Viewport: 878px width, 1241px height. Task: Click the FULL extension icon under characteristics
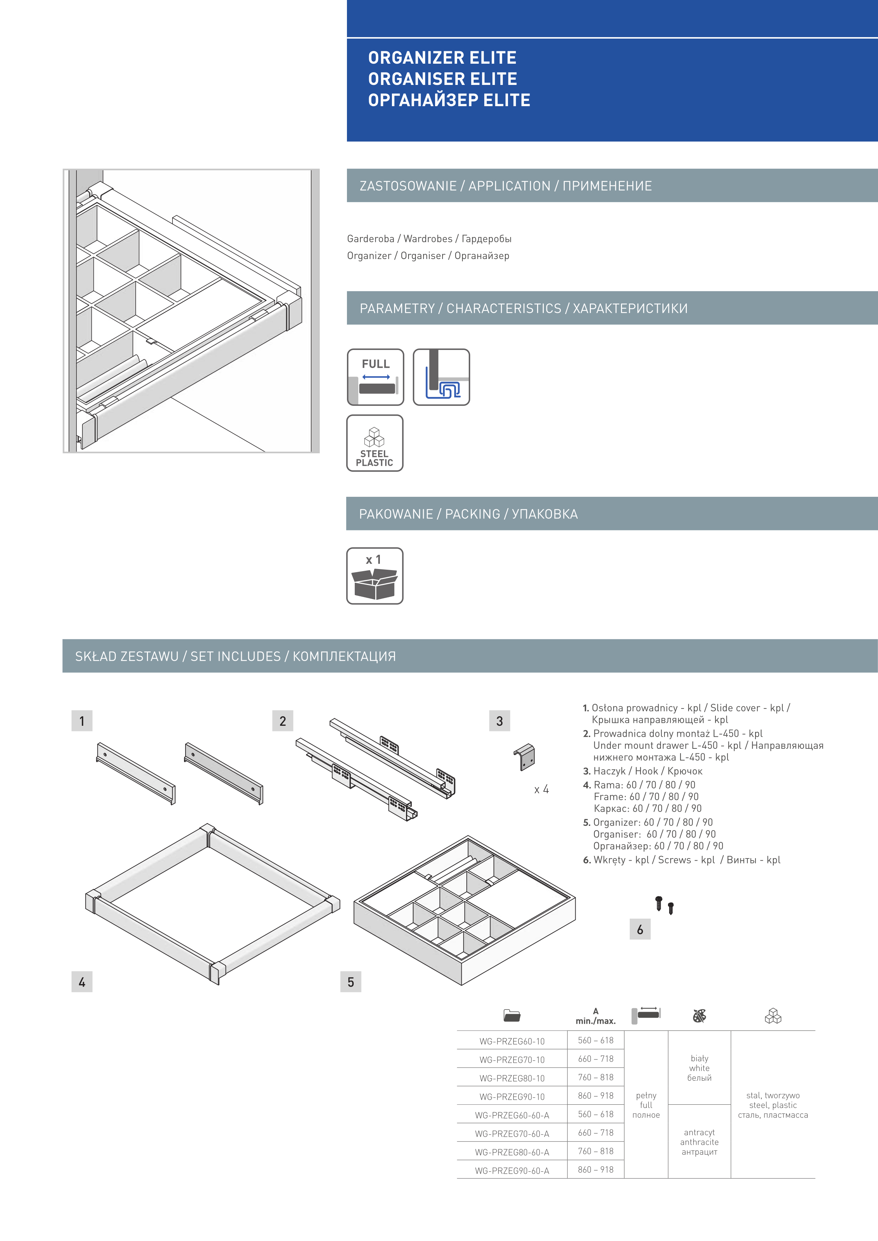coord(375,377)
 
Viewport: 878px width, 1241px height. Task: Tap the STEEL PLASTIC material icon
coord(375,443)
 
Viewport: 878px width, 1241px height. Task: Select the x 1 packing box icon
coord(375,576)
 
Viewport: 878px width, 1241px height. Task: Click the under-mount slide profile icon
coord(441,377)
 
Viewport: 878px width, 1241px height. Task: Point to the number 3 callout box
coord(500,720)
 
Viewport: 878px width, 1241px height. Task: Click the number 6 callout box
coord(640,929)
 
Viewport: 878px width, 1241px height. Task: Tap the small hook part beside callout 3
coord(524,756)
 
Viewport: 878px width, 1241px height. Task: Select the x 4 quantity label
coord(541,790)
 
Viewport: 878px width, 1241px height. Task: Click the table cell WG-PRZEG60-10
coord(512,1041)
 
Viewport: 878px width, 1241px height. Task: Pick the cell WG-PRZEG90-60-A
coord(512,1170)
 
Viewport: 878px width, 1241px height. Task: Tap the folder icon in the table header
coord(512,1016)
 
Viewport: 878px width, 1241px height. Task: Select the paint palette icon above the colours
coord(699,1016)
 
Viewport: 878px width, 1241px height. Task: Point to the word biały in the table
coord(699,1058)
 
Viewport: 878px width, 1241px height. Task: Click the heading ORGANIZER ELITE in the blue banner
coord(442,58)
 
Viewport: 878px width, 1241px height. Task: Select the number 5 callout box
coord(351,982)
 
